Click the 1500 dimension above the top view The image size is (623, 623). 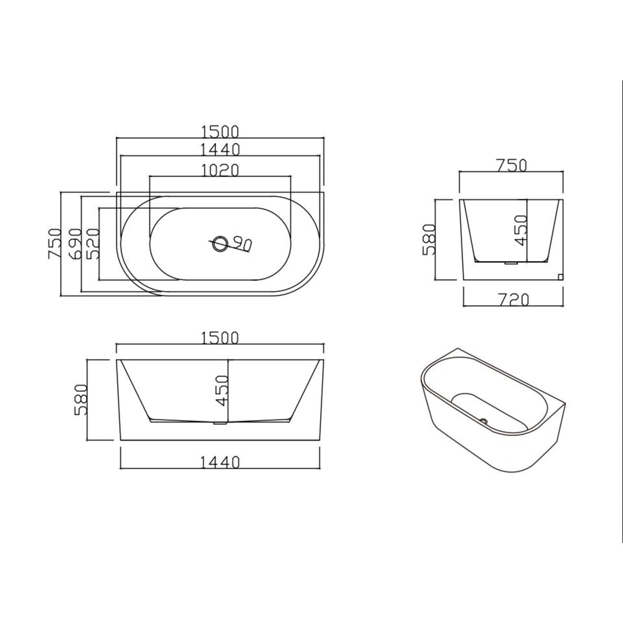[x=220, y=131]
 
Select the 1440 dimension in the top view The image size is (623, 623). [x=220, y=150]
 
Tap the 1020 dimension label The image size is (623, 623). [x=220, y=170]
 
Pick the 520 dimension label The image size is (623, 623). [x=93, y=243]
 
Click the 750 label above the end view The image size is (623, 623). [x=511, y=165]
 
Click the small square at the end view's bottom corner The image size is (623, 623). [x=560, y=276]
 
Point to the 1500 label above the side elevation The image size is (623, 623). [x=220, y=338]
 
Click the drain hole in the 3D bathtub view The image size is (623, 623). [x=484, y=420]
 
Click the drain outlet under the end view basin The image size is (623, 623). [x=511, y=263]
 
